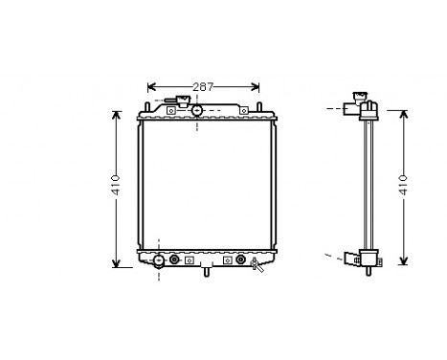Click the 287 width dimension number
202,87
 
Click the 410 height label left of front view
116,184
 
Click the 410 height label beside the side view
402,184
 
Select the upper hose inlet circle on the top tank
197,110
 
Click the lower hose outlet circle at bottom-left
158,259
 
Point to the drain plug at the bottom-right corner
256,264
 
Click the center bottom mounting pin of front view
205,272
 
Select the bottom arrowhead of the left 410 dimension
116,263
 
